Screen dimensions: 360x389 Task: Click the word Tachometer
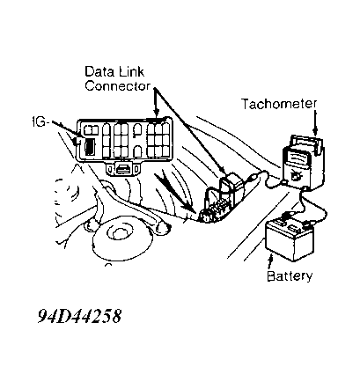click(279, 104)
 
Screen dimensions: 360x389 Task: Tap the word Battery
click(290, 275)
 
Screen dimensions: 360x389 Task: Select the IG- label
click(39, 121)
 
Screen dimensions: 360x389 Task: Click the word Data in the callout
click(98, 71)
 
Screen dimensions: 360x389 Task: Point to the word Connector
click(117, 85)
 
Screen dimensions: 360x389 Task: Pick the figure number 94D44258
click(79, 316)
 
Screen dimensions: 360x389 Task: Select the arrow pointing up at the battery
click(270, 261)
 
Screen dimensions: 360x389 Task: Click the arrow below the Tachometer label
click(315, 122)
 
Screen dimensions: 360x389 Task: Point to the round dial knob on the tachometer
click(294, 176)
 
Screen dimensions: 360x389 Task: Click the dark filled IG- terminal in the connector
click(89, 147)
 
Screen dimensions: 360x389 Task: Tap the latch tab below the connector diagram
click(123, 169)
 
